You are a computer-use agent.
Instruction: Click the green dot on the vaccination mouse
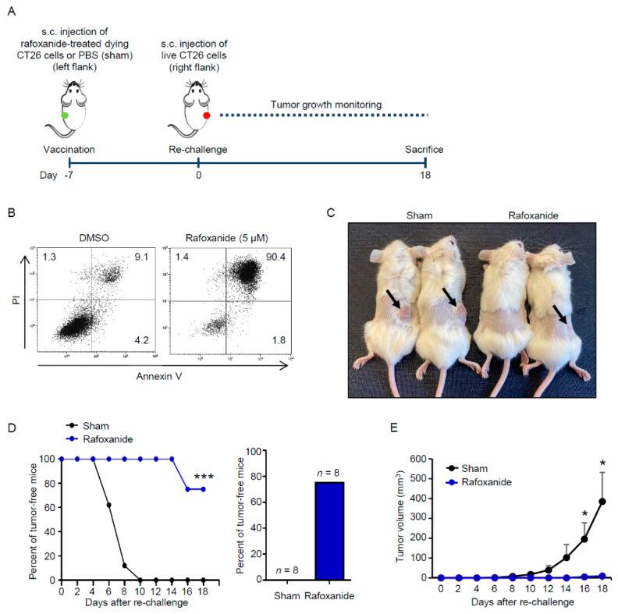point(64,115)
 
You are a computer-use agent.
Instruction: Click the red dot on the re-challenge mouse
point(207,115)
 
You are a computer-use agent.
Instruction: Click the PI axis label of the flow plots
point(31,297)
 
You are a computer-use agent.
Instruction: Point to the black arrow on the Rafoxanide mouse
point(556,314)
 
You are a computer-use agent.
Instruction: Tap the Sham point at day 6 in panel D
point(110,505)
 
